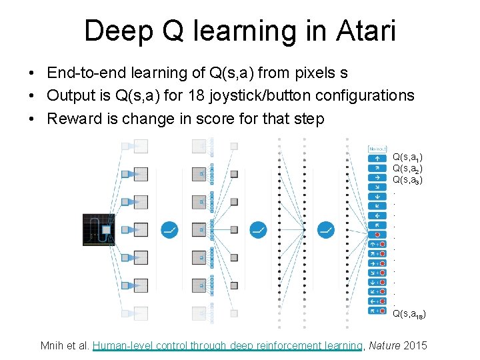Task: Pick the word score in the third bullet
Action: point(241,119)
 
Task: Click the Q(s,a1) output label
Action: point(407,157)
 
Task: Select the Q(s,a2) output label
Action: point(407,169)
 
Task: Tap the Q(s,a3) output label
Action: point(407,179)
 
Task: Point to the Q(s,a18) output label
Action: point(409,313)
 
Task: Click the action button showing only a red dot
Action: point(377,235)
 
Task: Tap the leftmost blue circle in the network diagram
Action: point(169,230)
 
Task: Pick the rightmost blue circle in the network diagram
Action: point(326,230)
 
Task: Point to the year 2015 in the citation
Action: point(417,345)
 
